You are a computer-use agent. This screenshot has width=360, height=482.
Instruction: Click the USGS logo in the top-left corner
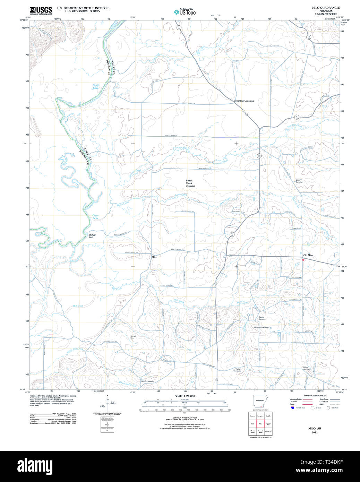click(41, 10)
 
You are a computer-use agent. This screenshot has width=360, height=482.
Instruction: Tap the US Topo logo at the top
click(185, 12)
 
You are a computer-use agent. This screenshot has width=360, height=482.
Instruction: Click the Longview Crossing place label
click(243, 101)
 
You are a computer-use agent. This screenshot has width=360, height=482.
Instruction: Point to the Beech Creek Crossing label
click(190, 183)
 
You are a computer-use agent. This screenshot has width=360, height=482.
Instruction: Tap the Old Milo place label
click(308, 255)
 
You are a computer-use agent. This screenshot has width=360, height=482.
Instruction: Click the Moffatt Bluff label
click(92, 236)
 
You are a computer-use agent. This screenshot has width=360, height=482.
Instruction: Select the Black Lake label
click(95, 86)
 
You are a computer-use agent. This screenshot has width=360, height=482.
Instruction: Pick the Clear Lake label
click(95, 217)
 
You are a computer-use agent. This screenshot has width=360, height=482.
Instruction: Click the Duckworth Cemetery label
click(261, 327)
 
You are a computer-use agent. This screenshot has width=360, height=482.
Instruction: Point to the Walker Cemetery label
click(237, 370)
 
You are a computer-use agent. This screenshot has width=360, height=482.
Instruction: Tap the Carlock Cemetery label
click(147, 381)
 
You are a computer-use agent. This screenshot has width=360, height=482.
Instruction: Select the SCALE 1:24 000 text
click(185, 396)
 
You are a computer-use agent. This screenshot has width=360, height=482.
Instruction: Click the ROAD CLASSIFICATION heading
click(315, 396)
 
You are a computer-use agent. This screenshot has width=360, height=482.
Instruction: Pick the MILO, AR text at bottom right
click(315, 428)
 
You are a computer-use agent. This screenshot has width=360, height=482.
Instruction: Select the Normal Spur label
click(133, 337)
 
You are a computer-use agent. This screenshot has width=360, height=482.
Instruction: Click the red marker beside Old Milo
click(303, 260)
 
